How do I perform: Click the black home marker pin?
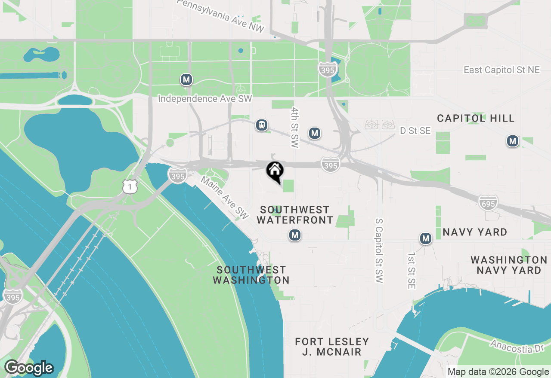coord(275,171)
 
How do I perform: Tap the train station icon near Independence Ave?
coord(261,125)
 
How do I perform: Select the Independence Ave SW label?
coord(205,99)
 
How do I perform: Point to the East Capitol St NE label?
coord(501,70)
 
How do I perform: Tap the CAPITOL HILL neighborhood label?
coord(476,118)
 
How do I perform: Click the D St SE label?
coord(415,131)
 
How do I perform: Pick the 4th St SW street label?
coord(295,128)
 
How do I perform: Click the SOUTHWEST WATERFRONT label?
coord(295,215)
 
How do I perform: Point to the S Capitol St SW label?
coord(379,250)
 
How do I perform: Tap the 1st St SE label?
coord(411,270)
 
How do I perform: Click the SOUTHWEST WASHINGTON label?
coord(251,275)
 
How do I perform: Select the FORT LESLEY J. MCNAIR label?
coord(332,347)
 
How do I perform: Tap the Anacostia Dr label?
coord(518,346)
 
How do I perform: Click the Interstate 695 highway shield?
coord(488,202)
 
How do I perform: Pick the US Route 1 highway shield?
coord(130,186)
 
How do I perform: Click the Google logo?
coord(29,368)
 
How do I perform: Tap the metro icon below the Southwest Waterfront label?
coord(295,235)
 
